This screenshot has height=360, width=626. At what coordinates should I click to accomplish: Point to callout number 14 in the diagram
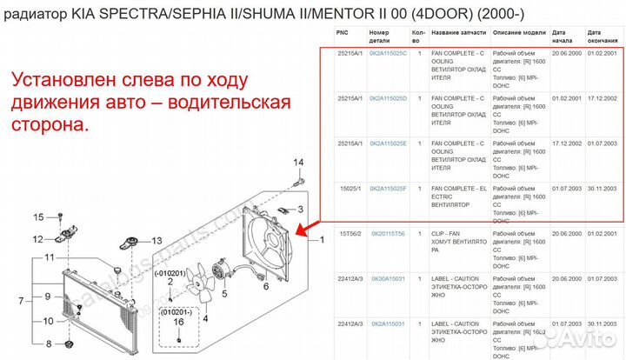pos(298,163)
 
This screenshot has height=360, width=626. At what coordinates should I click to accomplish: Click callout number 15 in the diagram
pos(38,217)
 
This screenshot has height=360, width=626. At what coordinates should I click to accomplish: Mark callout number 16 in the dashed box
pos(177,322)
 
